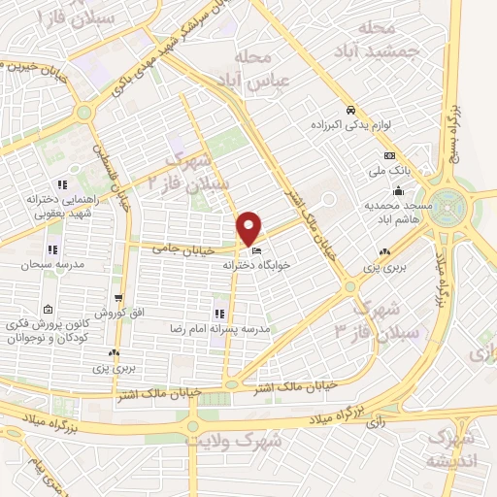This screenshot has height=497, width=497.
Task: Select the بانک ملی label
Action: pyautogui.click(x=390, y=170)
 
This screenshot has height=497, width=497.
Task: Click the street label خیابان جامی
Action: pyautogui.click(x=176, y=248)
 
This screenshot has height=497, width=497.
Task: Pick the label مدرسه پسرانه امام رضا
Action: pyautogui.click(x=219, y=330)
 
